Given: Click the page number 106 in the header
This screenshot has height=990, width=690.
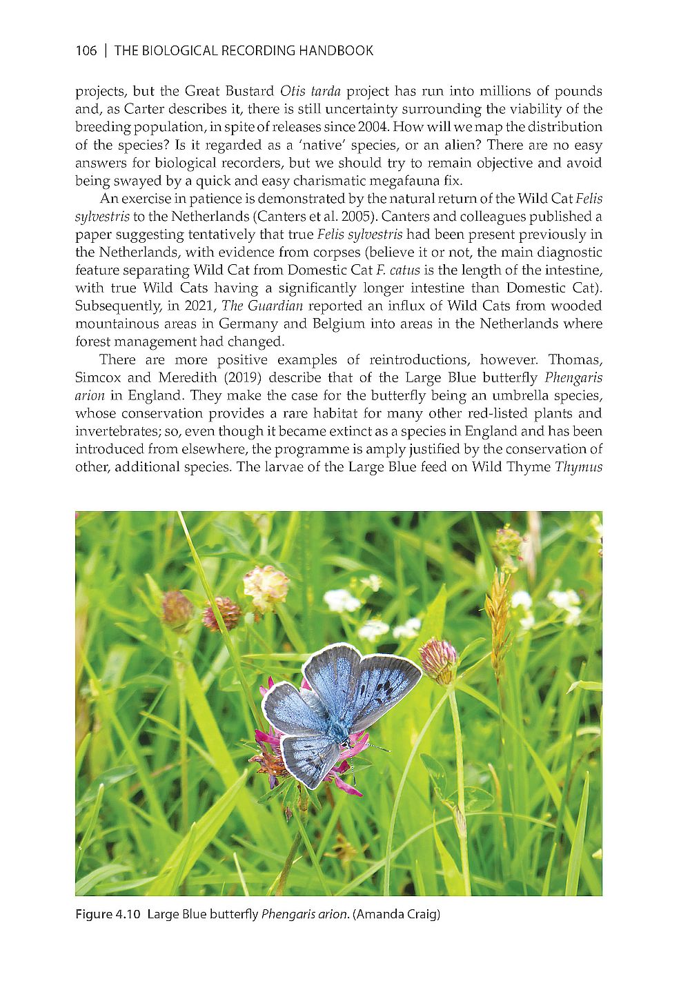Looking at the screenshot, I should coord(86,50).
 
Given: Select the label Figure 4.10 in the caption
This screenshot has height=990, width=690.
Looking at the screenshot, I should coord(108,915).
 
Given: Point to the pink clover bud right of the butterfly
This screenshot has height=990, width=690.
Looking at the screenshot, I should coord(439,659).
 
